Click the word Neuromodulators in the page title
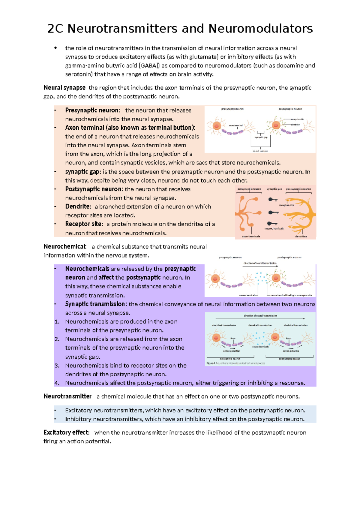point(260,29)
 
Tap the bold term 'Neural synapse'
point(64,88)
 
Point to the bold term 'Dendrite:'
point(78,207)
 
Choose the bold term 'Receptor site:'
point(84,224)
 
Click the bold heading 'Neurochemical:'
point(65,247)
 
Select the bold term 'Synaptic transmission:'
point(96,304)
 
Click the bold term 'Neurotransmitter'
point(67,396)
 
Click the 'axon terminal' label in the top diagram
point(236,125)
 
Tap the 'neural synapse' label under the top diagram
point(260,151)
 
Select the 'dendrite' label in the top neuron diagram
point(295,125)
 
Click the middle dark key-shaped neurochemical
point(273,212)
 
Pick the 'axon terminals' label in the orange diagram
point(251,236)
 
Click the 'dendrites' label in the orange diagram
point(301,236)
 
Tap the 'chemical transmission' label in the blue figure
point(260,325)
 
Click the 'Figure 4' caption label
point(211,363)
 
